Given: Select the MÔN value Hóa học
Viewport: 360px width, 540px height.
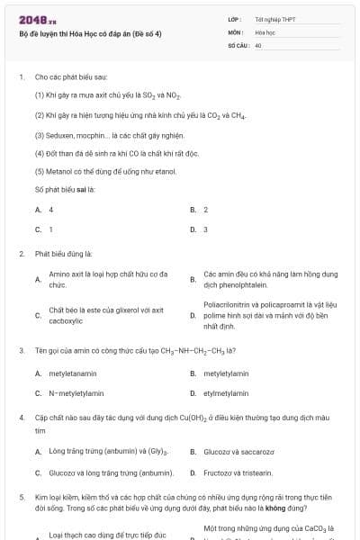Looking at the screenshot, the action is [x=264, y=31].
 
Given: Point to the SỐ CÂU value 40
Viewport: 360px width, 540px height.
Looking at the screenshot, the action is [x=258, y=44].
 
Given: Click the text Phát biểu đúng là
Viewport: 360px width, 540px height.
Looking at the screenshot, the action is [x=63, y=254].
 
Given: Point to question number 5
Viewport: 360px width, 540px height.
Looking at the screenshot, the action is [x=22, y=497].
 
